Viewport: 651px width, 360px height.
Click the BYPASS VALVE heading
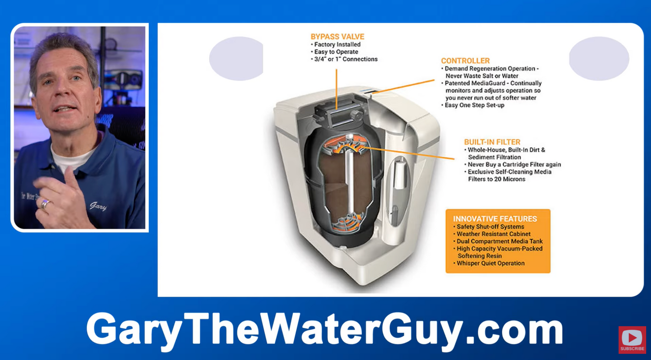point(337,37)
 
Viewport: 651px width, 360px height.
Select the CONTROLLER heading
point(465,61)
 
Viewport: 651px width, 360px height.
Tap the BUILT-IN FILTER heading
point(492,142)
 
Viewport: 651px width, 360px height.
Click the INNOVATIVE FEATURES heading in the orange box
point(495,219)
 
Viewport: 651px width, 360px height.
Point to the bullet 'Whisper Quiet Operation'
point(490,263)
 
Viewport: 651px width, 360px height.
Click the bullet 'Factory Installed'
point(337,44)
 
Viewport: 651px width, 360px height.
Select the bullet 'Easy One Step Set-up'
point(474,105)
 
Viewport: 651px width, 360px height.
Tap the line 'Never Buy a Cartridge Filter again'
point(514,165)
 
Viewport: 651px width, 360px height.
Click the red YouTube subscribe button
point(632,339)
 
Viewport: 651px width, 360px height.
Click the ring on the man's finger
point(45,204)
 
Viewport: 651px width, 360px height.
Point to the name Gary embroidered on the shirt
point(98,206)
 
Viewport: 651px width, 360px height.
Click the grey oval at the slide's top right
point(599,58)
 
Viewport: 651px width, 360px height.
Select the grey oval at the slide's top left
point(237,58)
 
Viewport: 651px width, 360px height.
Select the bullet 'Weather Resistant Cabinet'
point(493,234)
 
